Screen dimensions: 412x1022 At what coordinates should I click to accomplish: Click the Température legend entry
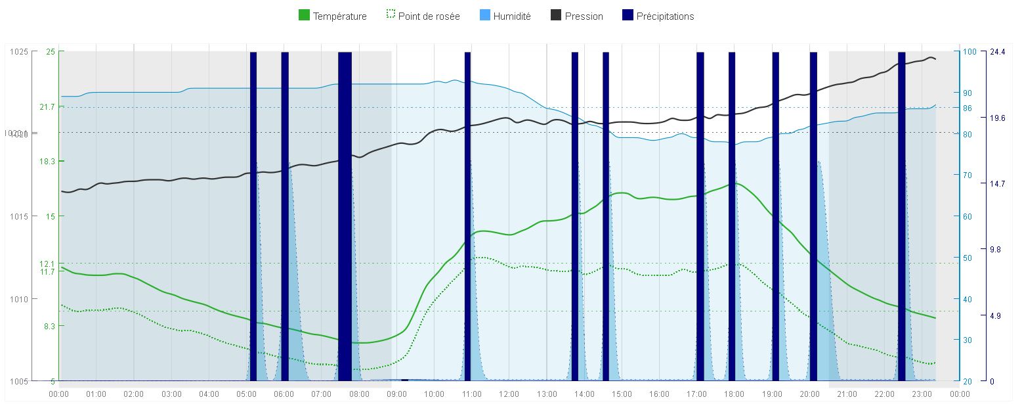333,16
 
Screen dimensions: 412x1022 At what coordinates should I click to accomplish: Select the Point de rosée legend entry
423,16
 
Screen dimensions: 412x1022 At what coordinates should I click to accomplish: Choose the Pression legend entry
577,16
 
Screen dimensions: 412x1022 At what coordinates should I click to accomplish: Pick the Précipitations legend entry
658,16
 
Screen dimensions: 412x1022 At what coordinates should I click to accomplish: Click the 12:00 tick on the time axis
509,394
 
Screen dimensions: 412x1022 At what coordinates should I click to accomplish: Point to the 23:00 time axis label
922,394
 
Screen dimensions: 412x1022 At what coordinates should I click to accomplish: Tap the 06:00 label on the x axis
284,394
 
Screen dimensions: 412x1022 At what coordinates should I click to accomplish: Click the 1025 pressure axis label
19,52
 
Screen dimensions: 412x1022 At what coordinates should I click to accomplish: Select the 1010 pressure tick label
19,299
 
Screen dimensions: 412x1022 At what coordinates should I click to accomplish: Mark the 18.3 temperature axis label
47,161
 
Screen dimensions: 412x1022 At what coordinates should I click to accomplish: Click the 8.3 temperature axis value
49,326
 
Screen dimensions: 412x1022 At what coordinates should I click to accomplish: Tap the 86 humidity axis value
968,108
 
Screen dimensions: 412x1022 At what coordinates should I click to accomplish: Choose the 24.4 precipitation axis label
997,52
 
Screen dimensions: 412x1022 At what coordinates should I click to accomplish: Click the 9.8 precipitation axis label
995,250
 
